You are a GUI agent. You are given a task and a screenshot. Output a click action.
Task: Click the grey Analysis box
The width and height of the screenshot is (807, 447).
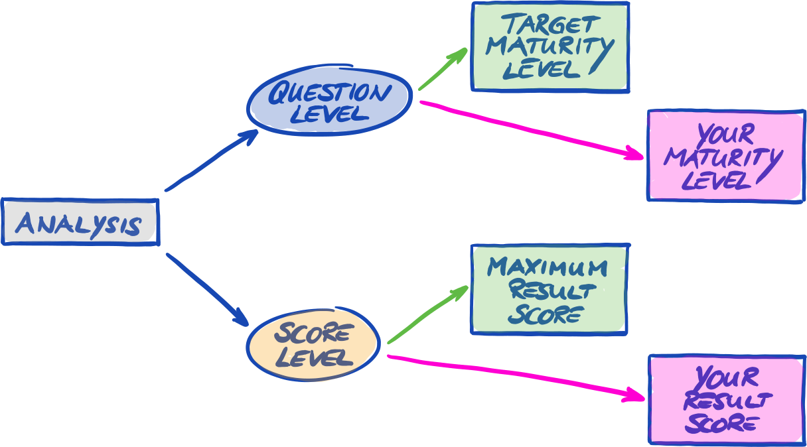80,222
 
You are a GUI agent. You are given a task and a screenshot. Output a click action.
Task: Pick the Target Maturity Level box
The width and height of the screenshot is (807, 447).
550,47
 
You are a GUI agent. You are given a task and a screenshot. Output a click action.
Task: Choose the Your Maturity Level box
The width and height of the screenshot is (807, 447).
725,156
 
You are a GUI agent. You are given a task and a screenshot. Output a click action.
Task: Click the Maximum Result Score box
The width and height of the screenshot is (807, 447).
549,290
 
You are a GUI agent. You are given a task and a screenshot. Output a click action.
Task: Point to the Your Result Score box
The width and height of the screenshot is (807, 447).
726,399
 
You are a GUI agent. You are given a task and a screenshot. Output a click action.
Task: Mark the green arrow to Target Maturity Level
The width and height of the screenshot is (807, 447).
443,69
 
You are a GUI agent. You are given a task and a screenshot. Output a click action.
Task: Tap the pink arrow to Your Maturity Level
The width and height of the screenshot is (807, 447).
531,129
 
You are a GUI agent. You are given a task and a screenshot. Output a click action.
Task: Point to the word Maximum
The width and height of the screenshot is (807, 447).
548,268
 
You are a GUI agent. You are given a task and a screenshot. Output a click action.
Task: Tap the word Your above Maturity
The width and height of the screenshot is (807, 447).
726,135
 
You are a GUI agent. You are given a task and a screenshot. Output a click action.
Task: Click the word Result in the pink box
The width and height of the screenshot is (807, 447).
727,401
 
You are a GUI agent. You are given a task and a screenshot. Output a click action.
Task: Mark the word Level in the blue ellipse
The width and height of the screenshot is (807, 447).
329,113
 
